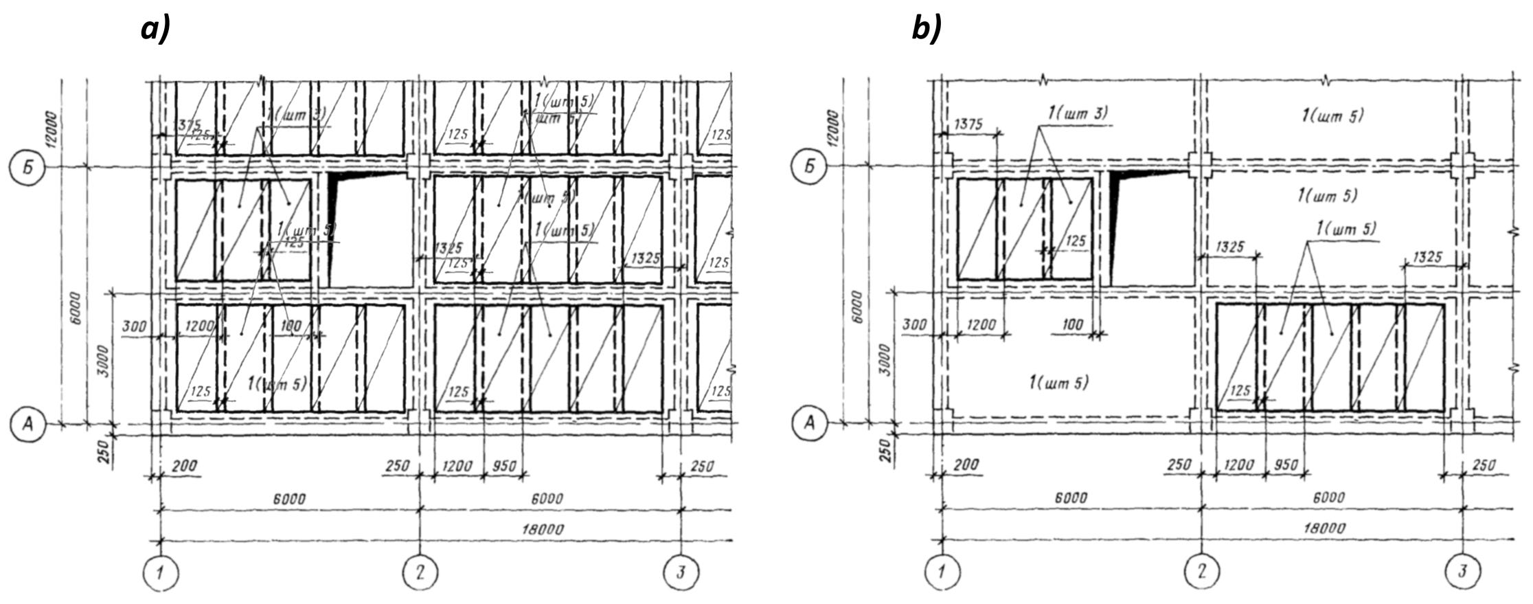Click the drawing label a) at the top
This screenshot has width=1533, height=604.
coord(155,30)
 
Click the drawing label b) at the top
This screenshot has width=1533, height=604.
coord(927,30)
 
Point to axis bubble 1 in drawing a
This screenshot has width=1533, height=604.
coord(160,572)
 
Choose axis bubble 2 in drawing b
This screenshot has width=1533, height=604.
coord(1201,571)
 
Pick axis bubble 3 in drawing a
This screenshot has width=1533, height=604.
coord(681,572)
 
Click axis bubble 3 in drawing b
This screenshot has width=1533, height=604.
coord(1462,571)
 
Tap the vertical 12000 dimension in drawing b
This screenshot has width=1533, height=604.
coord(834,131)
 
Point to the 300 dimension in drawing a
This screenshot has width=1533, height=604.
coord(134,326)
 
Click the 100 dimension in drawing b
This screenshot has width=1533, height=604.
coord(1071,324)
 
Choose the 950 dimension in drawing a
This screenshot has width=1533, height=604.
coord(505,467)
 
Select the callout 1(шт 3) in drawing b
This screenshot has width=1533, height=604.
coord(1078,112)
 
